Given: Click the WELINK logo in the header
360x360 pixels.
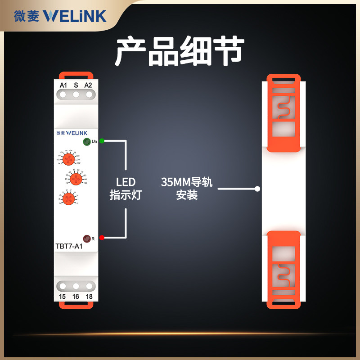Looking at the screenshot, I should pyautogui.click(x=75, y=16).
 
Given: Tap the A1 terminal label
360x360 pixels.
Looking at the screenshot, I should pyautogui.click(x=63, y=85).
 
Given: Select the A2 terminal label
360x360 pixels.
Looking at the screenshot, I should pyautogui.click(x=88, y=85).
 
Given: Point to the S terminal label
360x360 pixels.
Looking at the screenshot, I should pyautogui.click(x=76, y=85).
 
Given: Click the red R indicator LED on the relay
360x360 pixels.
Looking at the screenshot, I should pyautogui.click(x=86, y=238).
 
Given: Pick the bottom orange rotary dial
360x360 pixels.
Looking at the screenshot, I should pyautogui.click(x=68, y=198).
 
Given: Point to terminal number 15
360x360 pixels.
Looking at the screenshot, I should pyautogui.click(x=63, y=296).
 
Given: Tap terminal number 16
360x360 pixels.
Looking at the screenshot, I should pyautogui.click(x=76, y=296).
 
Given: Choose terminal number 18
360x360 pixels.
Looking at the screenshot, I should pyautogui.click(x=89, y=296).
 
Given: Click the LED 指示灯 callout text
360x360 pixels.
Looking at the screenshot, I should pyautogui.click(x=126, y=189).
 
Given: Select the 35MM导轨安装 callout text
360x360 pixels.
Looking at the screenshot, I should pyautogui.click(x=186, y=189).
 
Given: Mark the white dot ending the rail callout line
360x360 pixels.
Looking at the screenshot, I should pyautogui.click(x=257, y=189).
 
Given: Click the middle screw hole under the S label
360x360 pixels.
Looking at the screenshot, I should pyautogui.click(x=76, y=95).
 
